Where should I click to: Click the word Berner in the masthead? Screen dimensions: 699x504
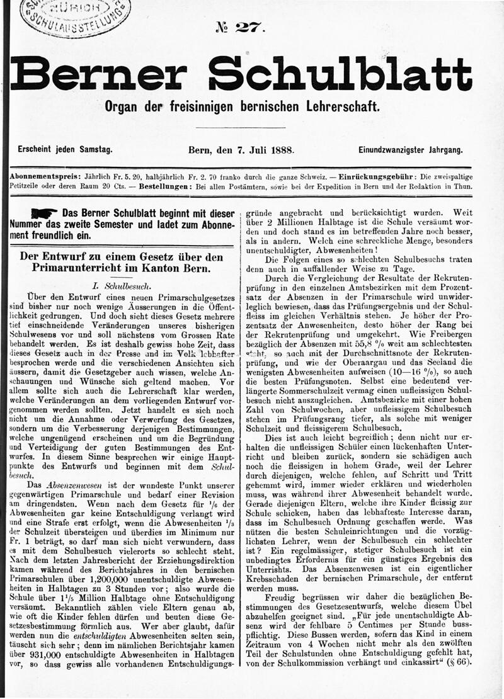pos(98,76)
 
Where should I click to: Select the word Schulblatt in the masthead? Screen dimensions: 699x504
pos(340,75)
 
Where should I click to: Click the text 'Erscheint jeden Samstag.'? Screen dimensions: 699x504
pos(65,151)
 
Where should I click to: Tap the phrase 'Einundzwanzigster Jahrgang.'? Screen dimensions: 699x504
pos(411,151)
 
